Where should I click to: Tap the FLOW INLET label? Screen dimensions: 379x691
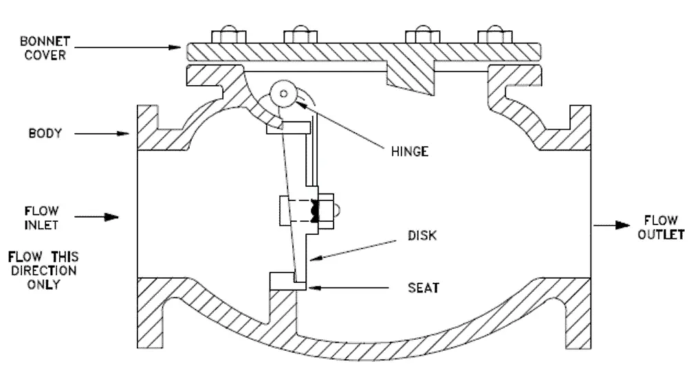tap(42, 216)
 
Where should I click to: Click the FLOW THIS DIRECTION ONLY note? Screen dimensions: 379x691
tap(42, 271)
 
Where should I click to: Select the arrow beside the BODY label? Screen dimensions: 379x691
tap(103, 134)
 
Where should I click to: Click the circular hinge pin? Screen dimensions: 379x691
tap(281, 94)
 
